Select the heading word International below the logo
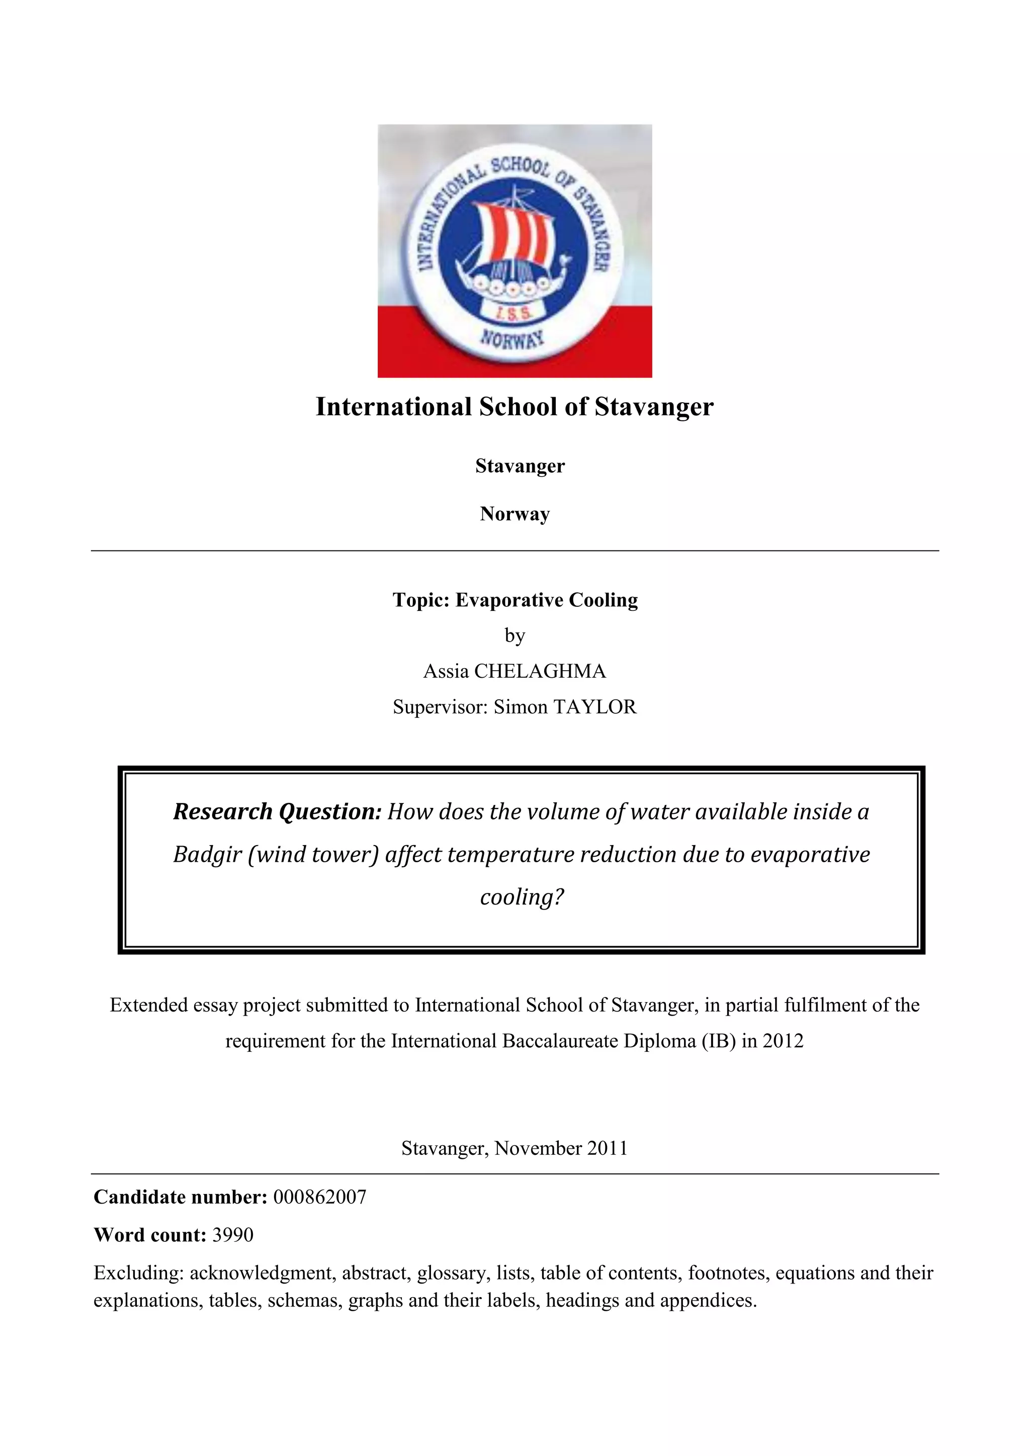point(393,407)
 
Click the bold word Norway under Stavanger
point(514,514)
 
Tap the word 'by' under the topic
point(514,635)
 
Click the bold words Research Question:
point(277,811)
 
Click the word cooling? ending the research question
point(522,897)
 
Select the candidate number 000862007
point(320,1197)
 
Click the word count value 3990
point(233,1235)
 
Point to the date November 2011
point(561,1148)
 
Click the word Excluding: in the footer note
point(138,1272)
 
